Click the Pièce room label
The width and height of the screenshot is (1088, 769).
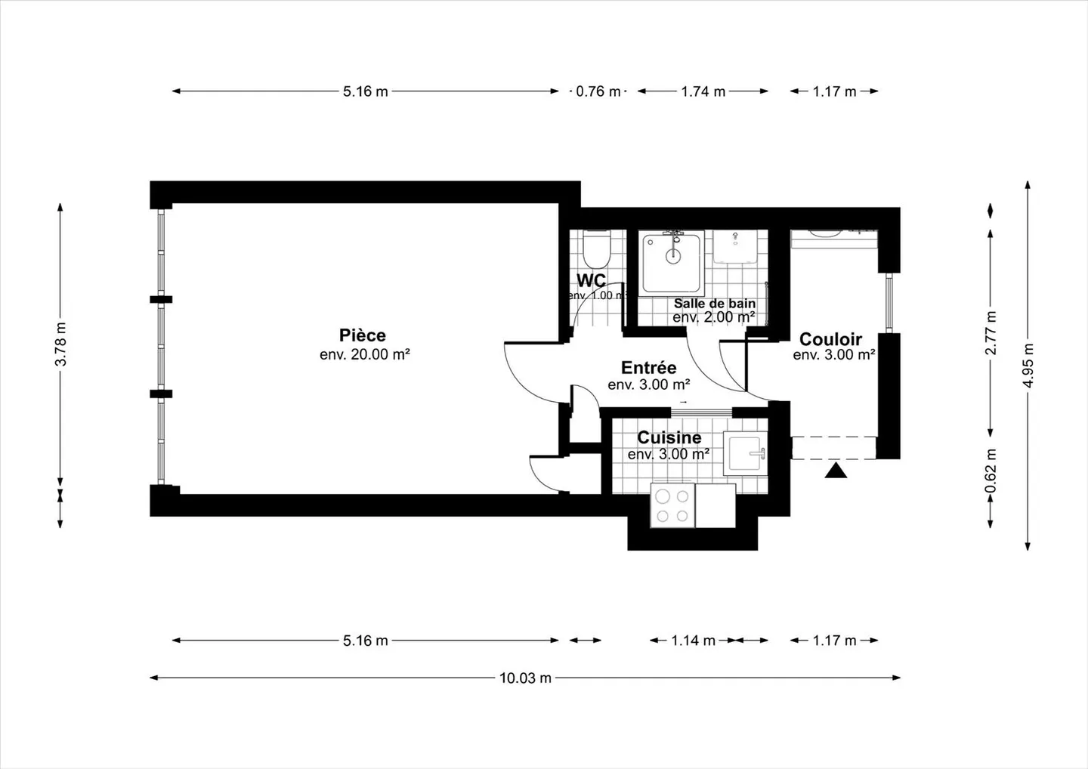[x=363, y=335]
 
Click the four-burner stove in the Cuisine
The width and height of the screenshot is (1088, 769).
[x=672, y=506]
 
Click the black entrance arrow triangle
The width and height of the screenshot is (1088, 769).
[x=835, y=471]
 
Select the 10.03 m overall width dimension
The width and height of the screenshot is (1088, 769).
[x=525, y=678]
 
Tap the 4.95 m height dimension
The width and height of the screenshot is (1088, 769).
[x=1028, y=365]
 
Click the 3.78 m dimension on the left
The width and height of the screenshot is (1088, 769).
[x=61, y=344]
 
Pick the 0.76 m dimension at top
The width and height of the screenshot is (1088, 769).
[x=598, y=91]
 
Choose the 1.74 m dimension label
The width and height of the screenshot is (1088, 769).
[x=703, y=91]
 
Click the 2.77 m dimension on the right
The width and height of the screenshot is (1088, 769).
[x=991, y=332]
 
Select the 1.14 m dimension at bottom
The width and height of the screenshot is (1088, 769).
[x=693, y=641]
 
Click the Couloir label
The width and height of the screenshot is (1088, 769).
[x=830, y=339]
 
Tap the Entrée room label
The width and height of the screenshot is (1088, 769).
[x=648, y=368]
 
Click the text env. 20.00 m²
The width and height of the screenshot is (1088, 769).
[x=364, y=354]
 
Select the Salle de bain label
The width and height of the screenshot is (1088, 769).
[x=714, y=303]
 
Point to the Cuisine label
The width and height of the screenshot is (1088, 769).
[x=669, y=437]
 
